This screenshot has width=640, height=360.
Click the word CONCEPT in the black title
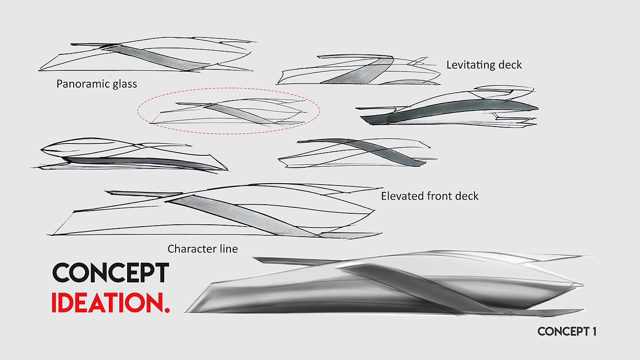click(111, 273)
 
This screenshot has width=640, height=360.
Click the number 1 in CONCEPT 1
click(593, 331)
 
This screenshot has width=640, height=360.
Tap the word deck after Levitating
click(511, 65)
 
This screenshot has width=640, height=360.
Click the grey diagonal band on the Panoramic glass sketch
click(155, 57)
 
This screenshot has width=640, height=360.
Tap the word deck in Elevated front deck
click(467, 196)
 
